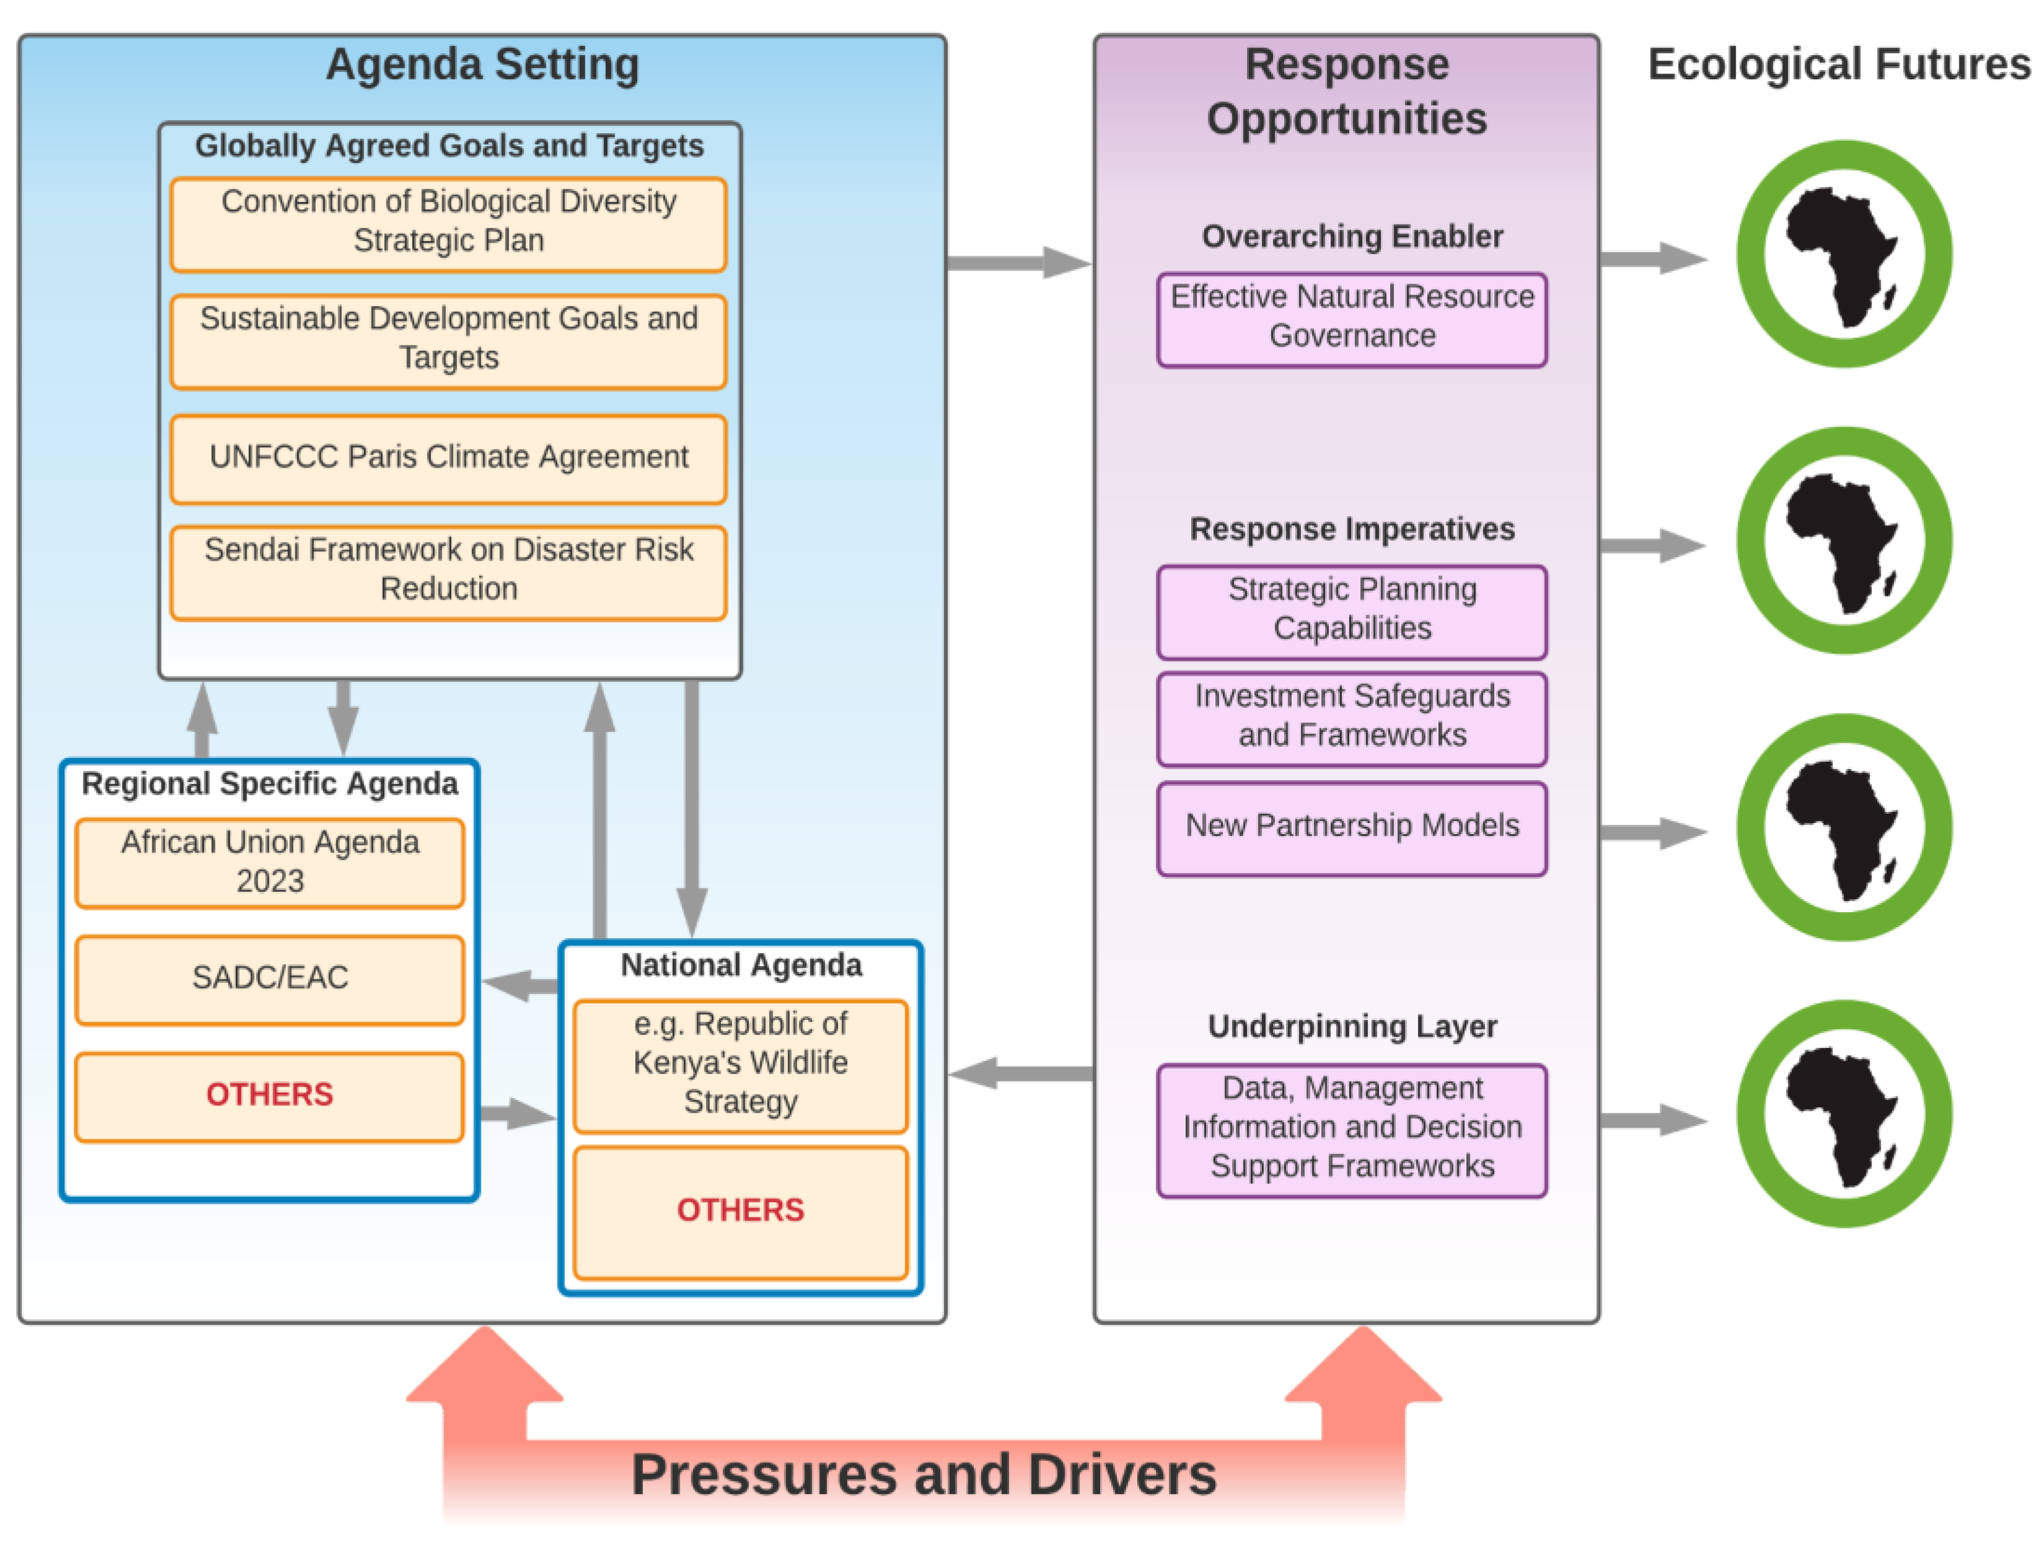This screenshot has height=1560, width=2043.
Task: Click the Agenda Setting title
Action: click(482, 65)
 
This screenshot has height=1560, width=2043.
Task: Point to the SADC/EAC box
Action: click(269, 978)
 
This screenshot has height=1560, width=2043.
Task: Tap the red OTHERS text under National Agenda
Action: click(740, 1210)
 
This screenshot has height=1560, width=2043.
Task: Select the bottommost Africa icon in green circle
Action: click(1844, 1113)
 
